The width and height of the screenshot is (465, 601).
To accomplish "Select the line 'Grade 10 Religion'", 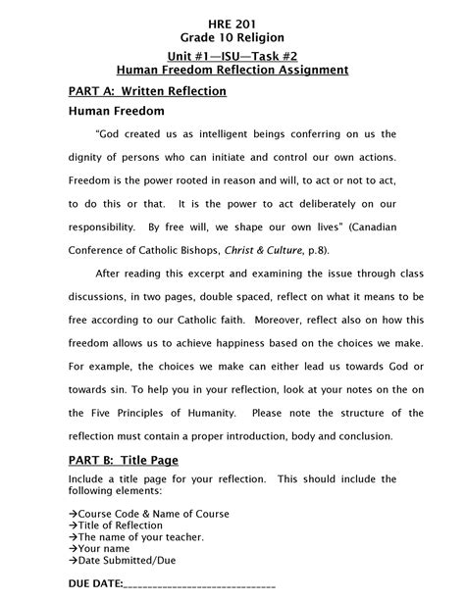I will click(x=232, y=37).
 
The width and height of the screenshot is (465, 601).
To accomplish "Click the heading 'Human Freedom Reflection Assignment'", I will click(x=232, y=70).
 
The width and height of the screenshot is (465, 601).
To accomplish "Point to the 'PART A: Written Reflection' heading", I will click(x=147, y=91).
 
